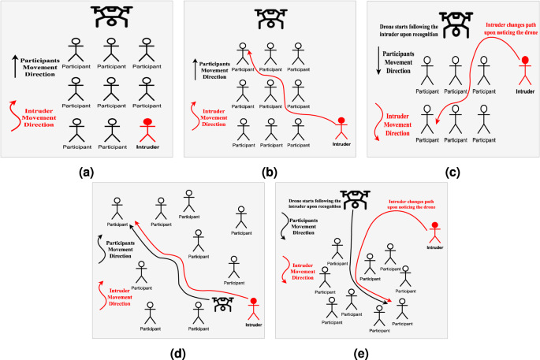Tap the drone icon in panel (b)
tap(271, 17)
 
